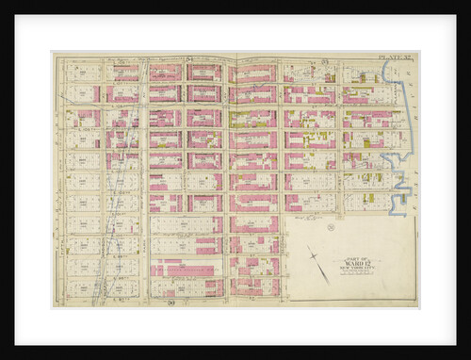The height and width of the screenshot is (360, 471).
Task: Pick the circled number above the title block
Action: coord(331,226)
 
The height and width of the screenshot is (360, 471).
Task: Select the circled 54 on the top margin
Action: coord(189,59)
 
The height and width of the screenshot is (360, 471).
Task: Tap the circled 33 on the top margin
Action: coord(322,59)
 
